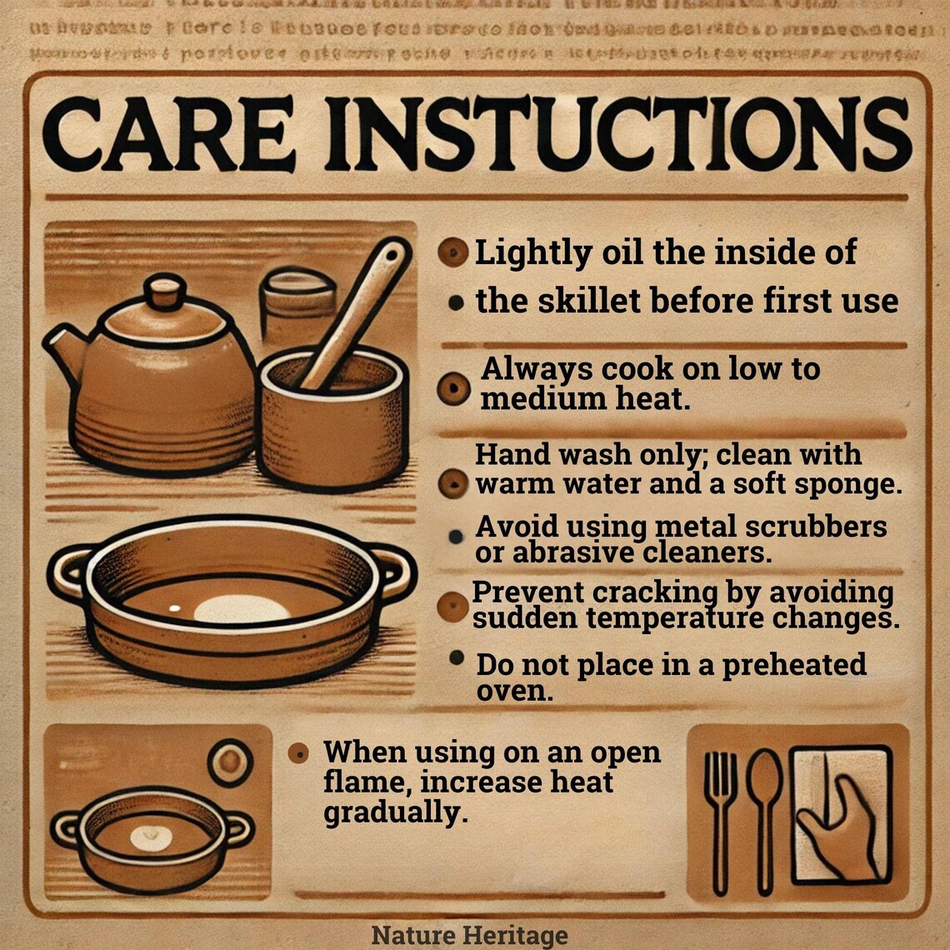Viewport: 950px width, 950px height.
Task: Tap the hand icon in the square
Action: click(837, 821)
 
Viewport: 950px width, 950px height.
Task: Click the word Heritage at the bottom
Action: click(518, 935)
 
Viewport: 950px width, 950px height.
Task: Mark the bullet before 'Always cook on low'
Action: click(453, 388)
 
